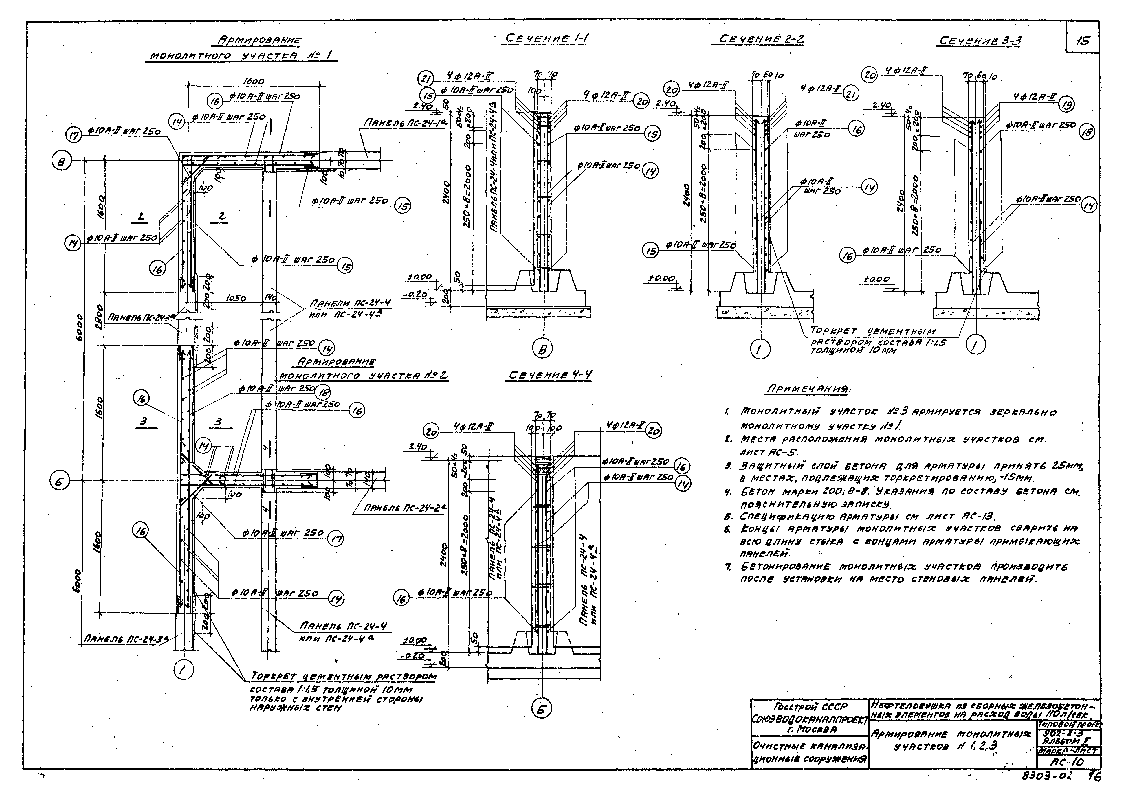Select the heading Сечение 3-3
[x=980, y=41]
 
